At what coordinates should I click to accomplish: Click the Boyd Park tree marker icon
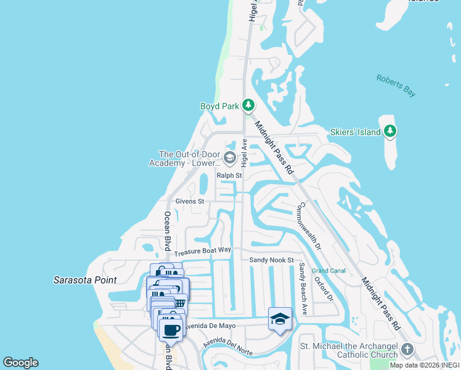coord(248,105)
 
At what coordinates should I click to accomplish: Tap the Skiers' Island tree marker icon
coord(390,131)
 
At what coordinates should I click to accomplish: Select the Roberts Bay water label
coord(396,85)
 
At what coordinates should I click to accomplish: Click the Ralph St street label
coord(229,176)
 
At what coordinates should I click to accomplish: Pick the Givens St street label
coord(189,201)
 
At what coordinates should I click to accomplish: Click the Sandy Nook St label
coord(272,260)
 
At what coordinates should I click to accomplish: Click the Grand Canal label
coord(328,271)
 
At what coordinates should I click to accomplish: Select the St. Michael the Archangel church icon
coord(406,350)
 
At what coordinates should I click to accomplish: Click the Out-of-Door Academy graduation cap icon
coord(229,158)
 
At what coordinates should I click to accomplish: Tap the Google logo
coord(20,363)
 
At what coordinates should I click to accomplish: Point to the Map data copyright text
coord(424,365)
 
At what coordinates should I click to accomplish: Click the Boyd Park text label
coord(219,106)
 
